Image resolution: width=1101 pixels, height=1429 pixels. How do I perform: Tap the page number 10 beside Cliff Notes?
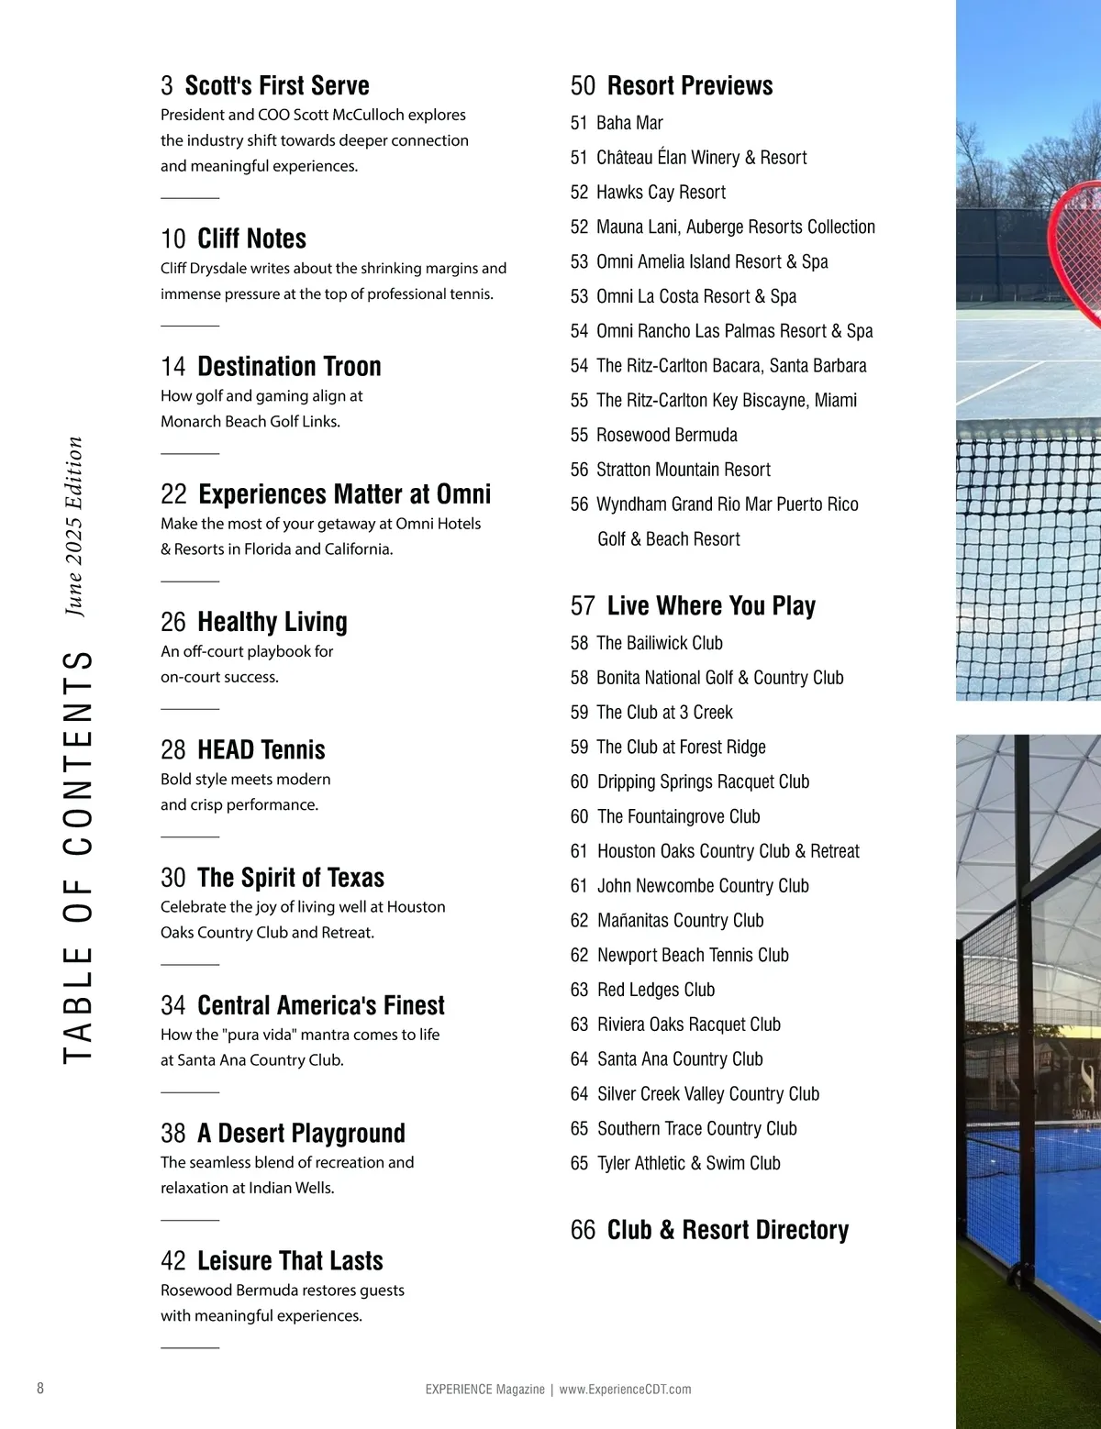click(172, 239)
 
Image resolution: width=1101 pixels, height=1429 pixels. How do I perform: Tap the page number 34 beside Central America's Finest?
click(172, 1006)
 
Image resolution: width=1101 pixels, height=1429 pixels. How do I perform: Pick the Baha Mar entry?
click(629, 123)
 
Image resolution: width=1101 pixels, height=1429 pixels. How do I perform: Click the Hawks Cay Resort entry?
click(661, 193)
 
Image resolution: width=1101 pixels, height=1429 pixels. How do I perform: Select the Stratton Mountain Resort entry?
click(683, 470)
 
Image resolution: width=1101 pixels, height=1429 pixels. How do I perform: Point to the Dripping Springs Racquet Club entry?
click(703, 781)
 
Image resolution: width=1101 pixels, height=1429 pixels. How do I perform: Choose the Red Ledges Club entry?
click(655, 990)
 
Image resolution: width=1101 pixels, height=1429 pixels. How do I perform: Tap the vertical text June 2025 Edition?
click(74, 526)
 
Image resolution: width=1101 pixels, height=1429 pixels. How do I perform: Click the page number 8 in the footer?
click(40, 1388)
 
